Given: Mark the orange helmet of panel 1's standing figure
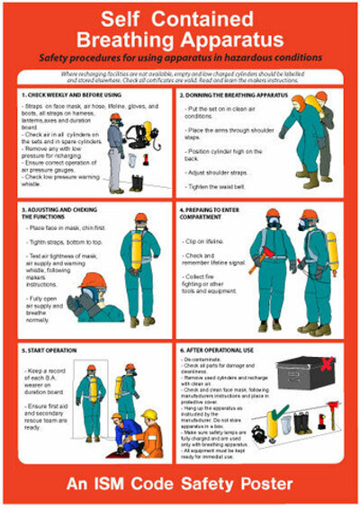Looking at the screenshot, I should point(115,117).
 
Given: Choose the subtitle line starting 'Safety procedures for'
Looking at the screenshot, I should point(180,58).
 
